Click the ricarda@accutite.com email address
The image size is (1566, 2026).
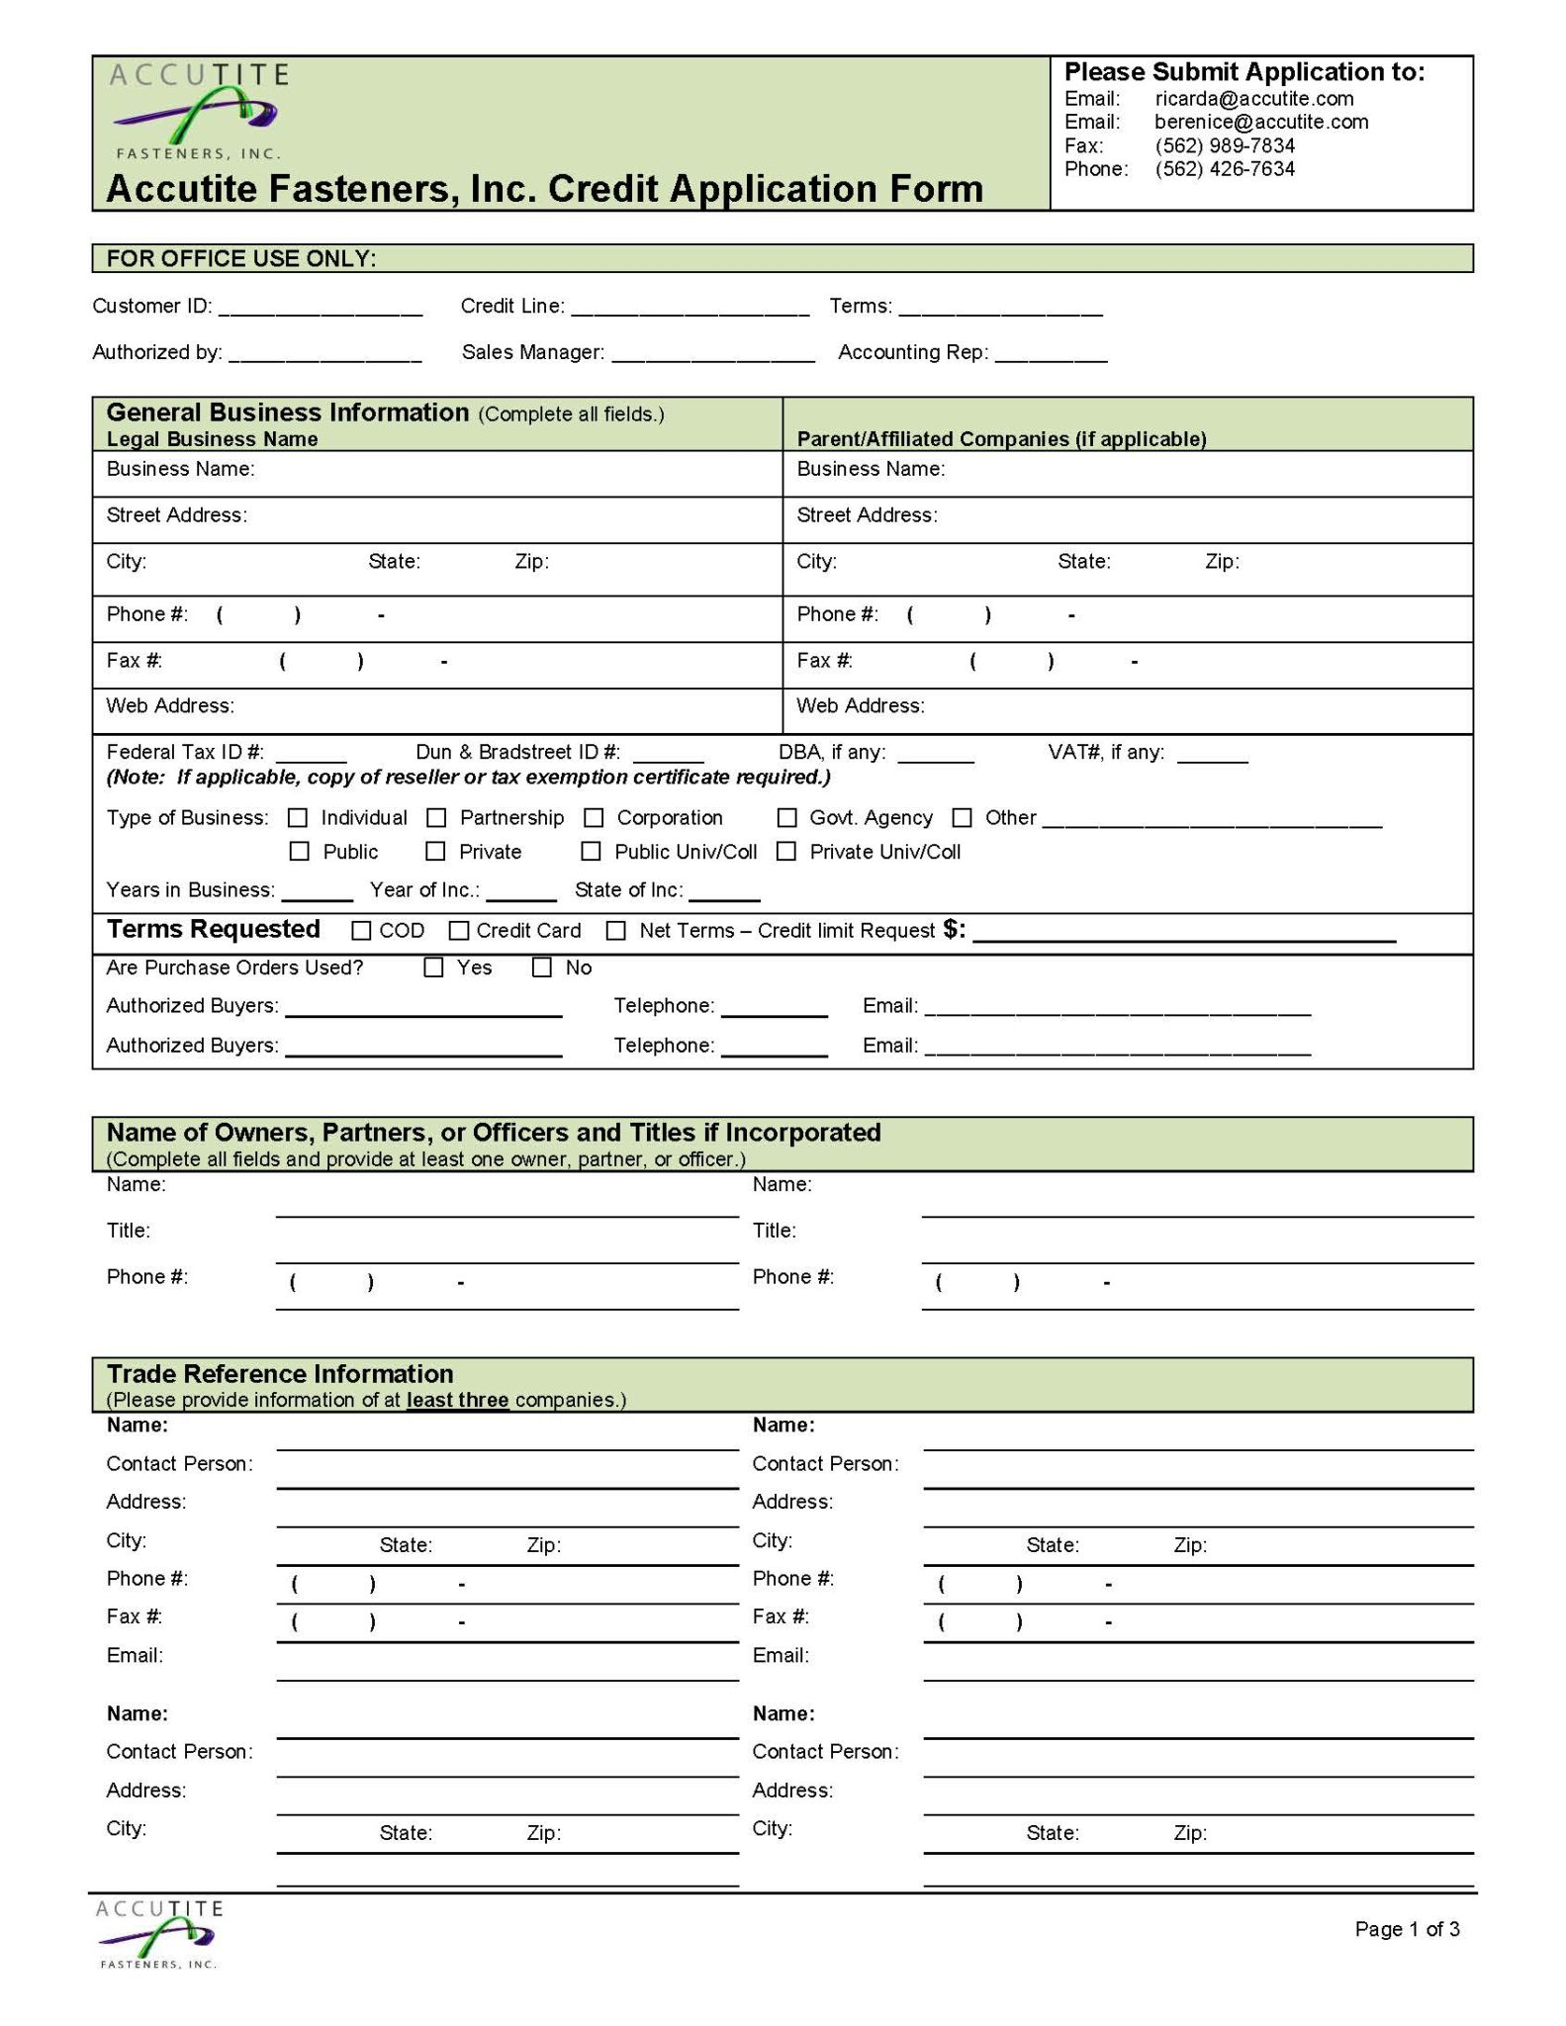tap(1253, 99)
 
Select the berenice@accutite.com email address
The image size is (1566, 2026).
tap(1261, 122)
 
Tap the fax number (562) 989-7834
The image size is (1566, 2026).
tap(1225, 145)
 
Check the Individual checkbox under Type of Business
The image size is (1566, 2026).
tap(298, 818)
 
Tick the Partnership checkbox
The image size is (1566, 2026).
tap(436, 818)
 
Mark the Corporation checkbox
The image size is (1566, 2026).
tap(594, 818)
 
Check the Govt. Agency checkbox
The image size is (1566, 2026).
tap(786, 818)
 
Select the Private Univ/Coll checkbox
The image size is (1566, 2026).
tap(786, 852)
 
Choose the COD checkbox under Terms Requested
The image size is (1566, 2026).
tap(362, 931)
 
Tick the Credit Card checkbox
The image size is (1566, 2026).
tap(459, 931)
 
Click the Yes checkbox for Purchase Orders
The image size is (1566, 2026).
tap(433, 968)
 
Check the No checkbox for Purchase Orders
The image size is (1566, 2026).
tap(542, 968)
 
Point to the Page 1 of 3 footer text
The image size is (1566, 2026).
tap(1407, 1929)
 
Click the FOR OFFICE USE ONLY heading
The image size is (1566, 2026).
tap(241, 259)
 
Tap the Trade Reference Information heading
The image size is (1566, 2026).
tap(280, 1374)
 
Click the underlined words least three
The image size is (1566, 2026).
tap(457, 1401)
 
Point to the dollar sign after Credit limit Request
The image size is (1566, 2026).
tap(952, 930)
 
